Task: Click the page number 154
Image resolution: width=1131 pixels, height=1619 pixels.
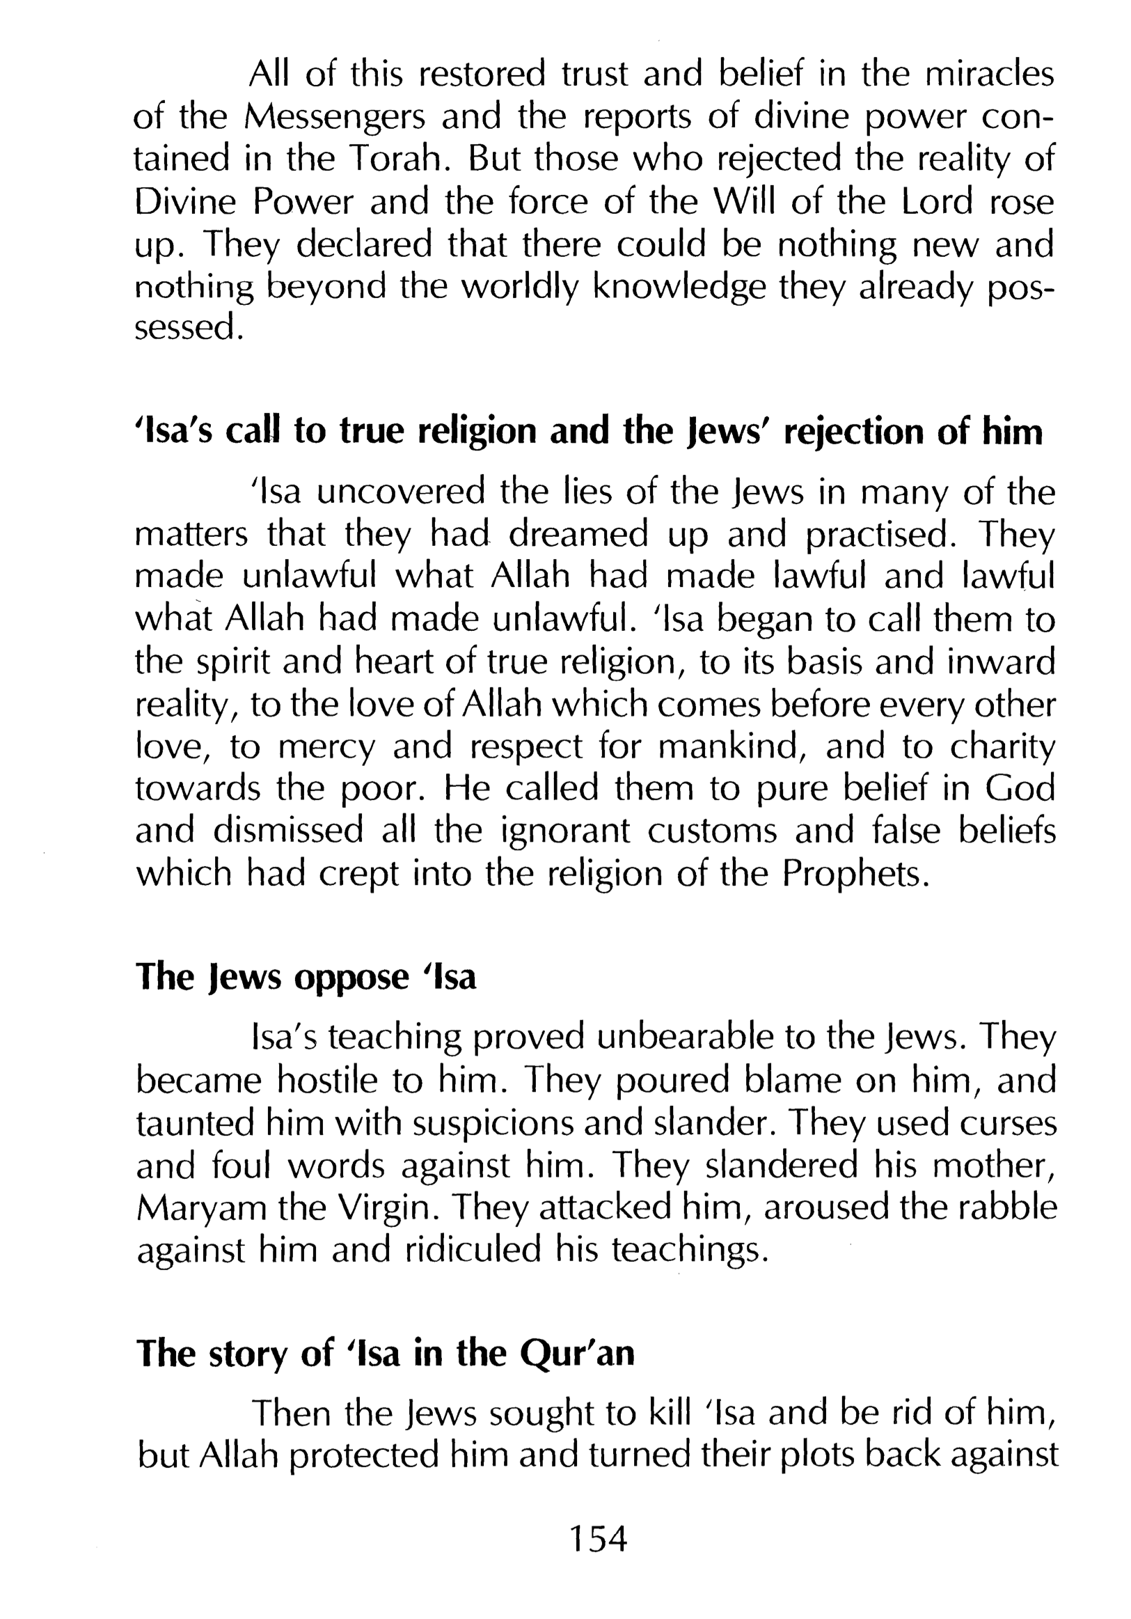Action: pos(598,1538)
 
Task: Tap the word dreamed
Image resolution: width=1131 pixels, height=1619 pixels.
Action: pos(578,535)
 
